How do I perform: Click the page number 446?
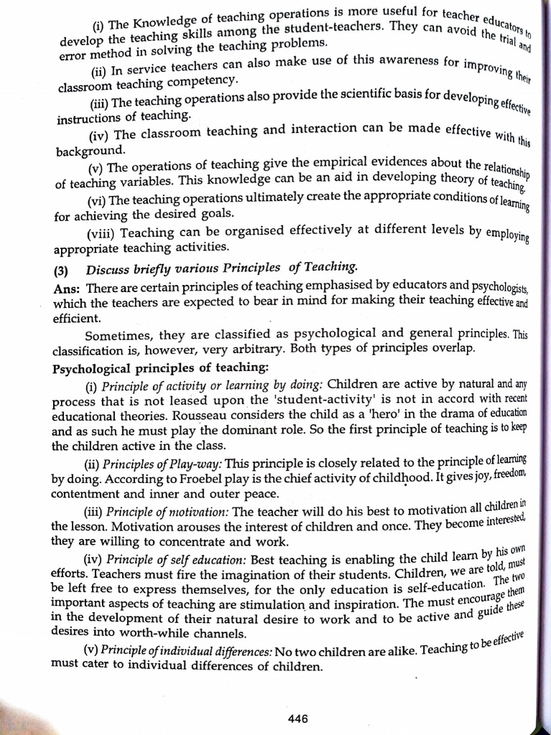[x=298, y=718]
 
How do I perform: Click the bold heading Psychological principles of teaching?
[x=161, y=369]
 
